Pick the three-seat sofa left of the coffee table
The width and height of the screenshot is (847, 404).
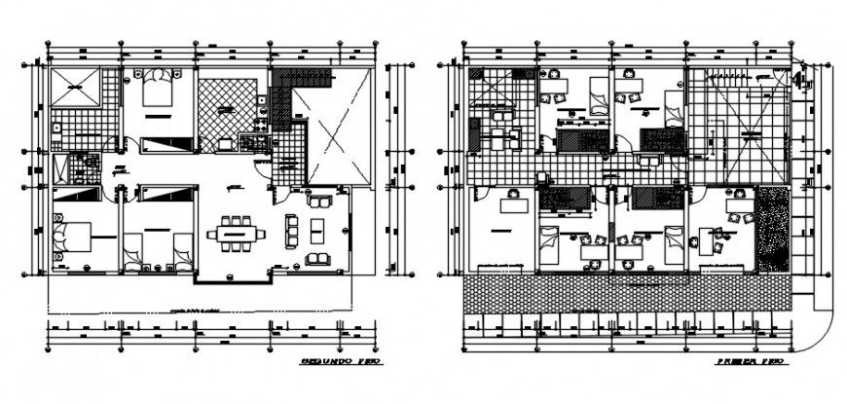(x=290, y=231)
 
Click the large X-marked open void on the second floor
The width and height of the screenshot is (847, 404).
(x=334, y=129)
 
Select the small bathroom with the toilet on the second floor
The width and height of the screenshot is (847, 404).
(x=75, y=167)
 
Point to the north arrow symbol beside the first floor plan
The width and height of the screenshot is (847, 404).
(x=799, y=80)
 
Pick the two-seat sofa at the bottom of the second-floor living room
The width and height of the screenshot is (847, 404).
(x=317, y=259)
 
